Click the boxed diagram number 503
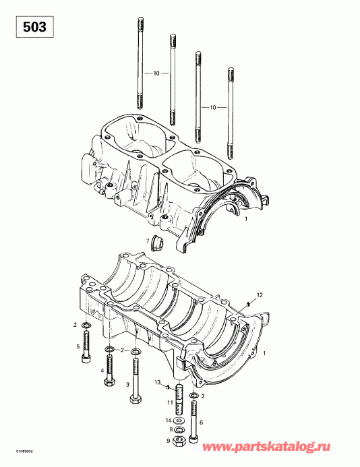[x=30, y=28]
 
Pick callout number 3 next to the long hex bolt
[x=127, y=385]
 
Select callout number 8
[x=171, y=429]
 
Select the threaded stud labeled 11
[x=180, y=398]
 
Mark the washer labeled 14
[x=180, y=421]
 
